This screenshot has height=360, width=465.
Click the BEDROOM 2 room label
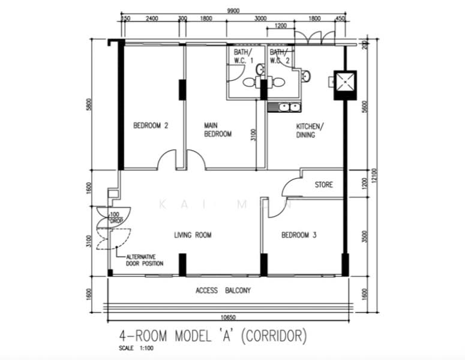(151, 126)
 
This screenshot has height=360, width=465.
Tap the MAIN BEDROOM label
(217, 130)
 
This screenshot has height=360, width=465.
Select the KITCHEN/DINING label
(310, 131)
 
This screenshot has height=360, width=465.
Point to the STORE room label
(323, 185)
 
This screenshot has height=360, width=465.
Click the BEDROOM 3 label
(299, 235)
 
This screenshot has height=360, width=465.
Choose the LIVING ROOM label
(193, 235)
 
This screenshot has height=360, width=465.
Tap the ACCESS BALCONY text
(223, 291)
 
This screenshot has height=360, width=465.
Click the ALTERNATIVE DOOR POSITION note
(144, 260)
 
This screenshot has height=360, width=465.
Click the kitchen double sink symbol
(284, 107)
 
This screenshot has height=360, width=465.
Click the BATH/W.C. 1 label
(242, 56)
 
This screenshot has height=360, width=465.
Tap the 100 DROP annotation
(116, 218)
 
